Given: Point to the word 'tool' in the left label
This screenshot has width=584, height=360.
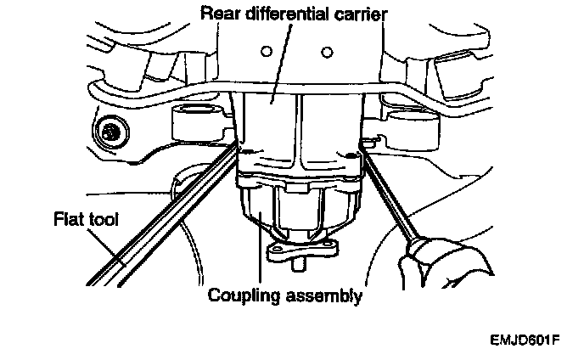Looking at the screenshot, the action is tap(100, 220).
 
